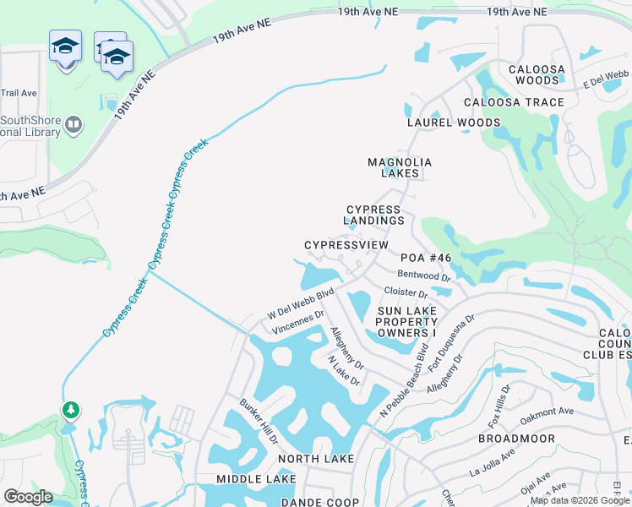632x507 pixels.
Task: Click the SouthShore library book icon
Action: (x=74, y=126)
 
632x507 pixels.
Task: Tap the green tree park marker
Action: (x=71, y=411)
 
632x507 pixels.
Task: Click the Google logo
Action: (x=28, y=497)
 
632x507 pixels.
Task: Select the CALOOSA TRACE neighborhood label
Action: (x=514, y=102)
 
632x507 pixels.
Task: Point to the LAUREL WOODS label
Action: (x=454, y=123)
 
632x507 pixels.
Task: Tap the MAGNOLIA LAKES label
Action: (x=400, y=167)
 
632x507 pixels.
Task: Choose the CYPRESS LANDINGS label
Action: (x=374, y=215)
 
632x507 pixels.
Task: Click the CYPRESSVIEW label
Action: (x=346, y=245)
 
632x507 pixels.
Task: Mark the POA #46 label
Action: (x=426, y=257)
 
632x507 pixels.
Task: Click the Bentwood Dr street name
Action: (x=423, y=275)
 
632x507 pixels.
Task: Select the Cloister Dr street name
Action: (x=406, y=292)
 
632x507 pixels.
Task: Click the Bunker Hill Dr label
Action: (x=259, y=422)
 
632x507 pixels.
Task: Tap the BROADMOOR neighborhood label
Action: (x=516, y=439)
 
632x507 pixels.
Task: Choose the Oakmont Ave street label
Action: (x=547, y=412)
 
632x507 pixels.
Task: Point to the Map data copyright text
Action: (x=580, y=500)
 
